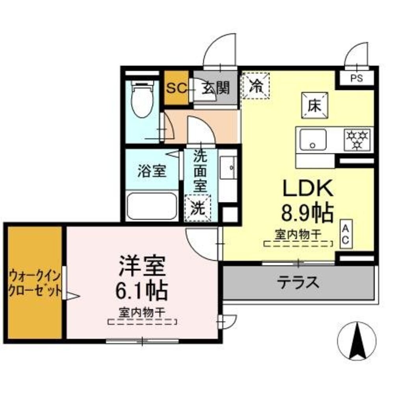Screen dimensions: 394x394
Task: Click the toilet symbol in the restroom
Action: (x=143, y=100)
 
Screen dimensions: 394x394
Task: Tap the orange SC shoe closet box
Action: (x=176, y=88)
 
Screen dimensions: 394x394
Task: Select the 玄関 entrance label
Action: (x=216, y=88)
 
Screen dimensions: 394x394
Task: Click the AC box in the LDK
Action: (x=345, y=235)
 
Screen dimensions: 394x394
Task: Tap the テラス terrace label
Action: (x=297, y=282)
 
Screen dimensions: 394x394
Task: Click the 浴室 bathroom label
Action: (x=152, y=171)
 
